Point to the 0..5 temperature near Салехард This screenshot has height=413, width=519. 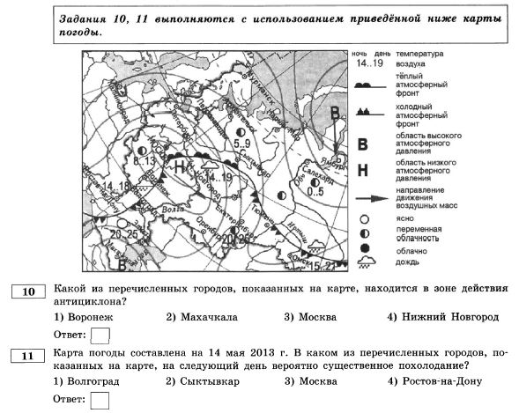pos(316,191)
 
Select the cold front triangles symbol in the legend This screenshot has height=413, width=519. pos(373,114)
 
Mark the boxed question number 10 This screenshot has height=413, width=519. pos(28,292)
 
